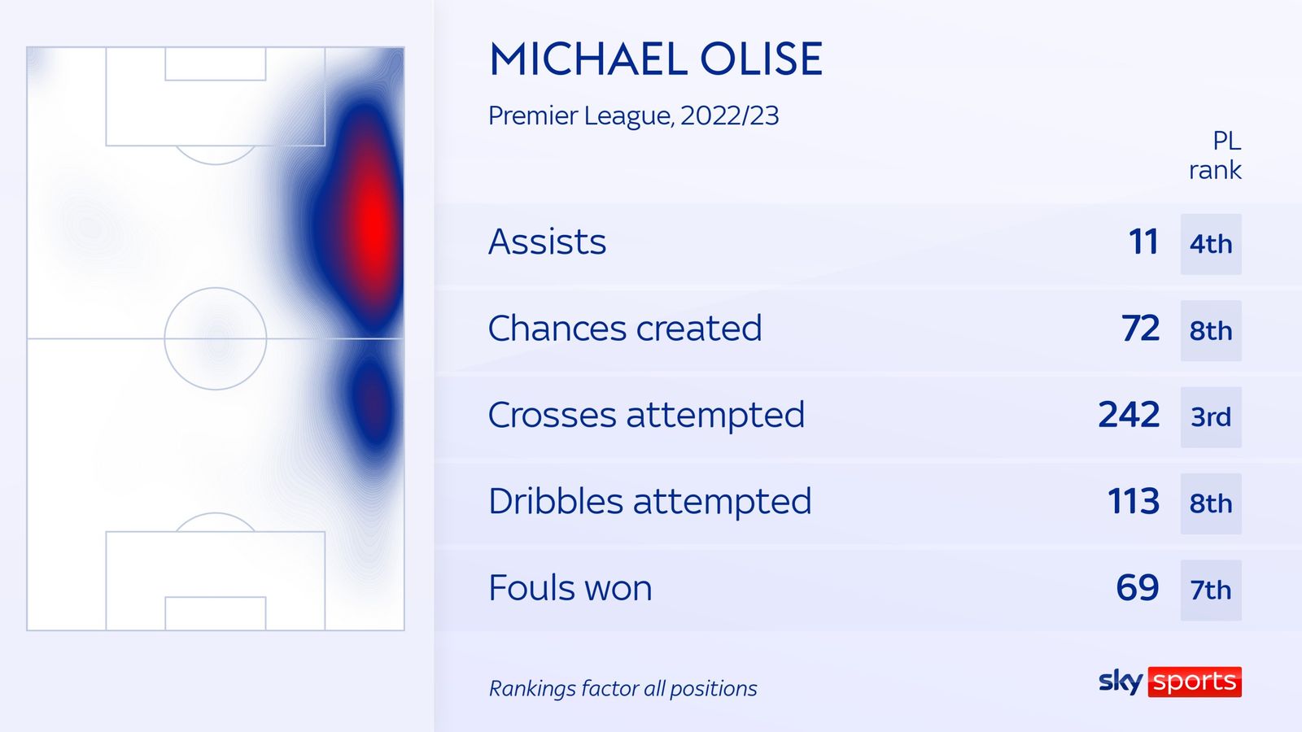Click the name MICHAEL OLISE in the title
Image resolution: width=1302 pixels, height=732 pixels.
(x=656, y=59)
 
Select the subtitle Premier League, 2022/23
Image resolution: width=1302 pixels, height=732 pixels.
(x=633, y=115)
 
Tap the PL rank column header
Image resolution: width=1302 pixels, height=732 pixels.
(x=1216, y=155)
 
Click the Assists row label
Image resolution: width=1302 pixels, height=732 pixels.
(x=547, y=242)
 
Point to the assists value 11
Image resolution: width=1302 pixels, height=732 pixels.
(x=1143, y=242)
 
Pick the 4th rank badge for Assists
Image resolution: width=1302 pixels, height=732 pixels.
(x=1211, y=244)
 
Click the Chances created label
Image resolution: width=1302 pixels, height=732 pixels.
(x=625, y=329)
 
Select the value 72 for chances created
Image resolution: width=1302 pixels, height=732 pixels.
(x=1140, y=329)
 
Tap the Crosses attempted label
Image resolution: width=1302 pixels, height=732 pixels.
(x=646, y=415)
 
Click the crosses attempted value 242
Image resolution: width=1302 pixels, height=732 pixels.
(x=1129, y=415)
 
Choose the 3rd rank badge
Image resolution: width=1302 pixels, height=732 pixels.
(x=1211, y=417)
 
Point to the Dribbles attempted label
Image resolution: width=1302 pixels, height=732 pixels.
(x=649, y=502)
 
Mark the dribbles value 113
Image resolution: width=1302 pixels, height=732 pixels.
(x=1134, y=502)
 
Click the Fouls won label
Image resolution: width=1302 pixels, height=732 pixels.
(x=570, y=588)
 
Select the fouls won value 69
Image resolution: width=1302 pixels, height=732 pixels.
(x=1138, y=588)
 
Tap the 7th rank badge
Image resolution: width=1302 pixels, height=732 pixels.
(x=1211, y=590)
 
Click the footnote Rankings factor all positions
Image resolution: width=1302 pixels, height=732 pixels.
(x=623, y=689)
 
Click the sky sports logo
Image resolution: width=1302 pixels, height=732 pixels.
(x=1169, y=682)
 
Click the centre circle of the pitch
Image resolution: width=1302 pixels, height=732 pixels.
(x=216, y=338)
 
